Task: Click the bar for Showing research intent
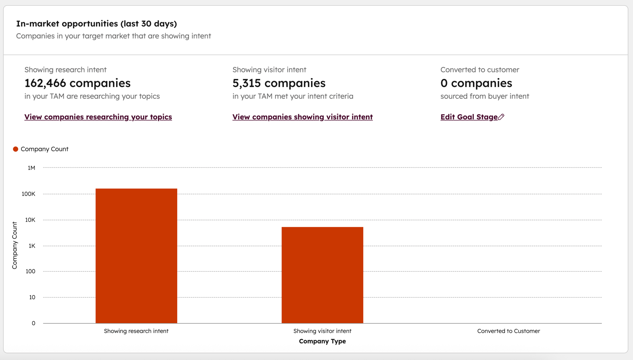[x=136, y=256]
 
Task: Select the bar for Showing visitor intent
[x=322, y=275]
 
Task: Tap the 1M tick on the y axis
[x=32, y=168]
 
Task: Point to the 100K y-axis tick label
[x=29, y=194]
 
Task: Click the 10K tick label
[x=30, y=220]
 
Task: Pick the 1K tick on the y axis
[x=32, y=246]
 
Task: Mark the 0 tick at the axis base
[x=34, y=323]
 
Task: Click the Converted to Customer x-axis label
[x=508, y=331]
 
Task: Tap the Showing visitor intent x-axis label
[x=322, y=331]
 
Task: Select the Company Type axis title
[x=322, y=341]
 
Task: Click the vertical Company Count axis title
[x=15, y=246]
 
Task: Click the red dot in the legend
[x=16, y=149]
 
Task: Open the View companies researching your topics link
[x=98, y=117]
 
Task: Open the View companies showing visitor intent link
[x=303, y=117]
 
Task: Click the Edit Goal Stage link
[x=469, y=117]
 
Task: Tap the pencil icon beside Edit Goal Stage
[x=502, y=117]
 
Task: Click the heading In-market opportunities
[x=97, y=24]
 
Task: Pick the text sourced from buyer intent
[x=485, y=96]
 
